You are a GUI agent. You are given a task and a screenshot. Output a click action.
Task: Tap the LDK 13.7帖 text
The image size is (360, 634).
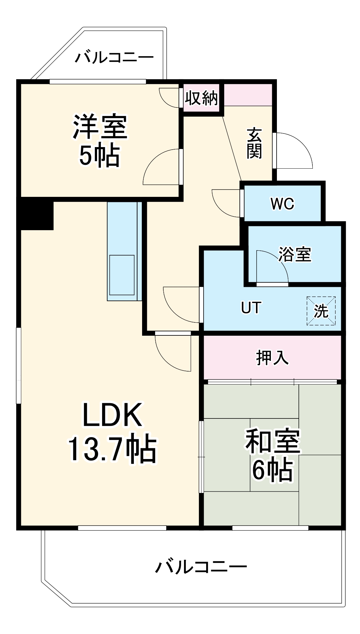pyautogui.click(x=112, y=433)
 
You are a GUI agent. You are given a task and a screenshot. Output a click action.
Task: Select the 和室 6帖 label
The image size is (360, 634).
pyautogui.click(x=272, y=455)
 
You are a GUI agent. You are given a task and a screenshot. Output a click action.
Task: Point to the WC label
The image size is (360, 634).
pyautogui.click(x=282, y=204)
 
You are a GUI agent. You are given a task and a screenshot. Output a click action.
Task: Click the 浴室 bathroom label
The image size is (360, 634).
pyautogui.click(x=295, y=254)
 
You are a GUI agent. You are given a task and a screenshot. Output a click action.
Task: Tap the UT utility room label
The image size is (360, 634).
pyautogui.click(x=251, y=307)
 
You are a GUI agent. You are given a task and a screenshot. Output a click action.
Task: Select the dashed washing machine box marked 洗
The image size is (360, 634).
pyautogui.click(x=321, y=311)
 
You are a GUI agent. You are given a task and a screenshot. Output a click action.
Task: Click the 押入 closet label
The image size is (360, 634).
pyautogui.click(x=272, y=357)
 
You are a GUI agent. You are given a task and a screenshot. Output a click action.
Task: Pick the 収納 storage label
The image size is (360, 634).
pyautogui.click(x=201, y=98)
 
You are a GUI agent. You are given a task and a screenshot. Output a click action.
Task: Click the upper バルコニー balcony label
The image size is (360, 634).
pyautogui.click(x=114, y=57)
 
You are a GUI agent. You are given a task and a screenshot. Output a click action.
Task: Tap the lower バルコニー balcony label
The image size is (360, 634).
pyautogui.click(x=201, y=566)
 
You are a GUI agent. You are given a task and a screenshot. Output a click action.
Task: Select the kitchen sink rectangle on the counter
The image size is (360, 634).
pyautogui.click(x=122, y=275)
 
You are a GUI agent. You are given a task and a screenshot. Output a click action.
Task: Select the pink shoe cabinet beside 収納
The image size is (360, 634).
pyautogui.click(x=248, y=94)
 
